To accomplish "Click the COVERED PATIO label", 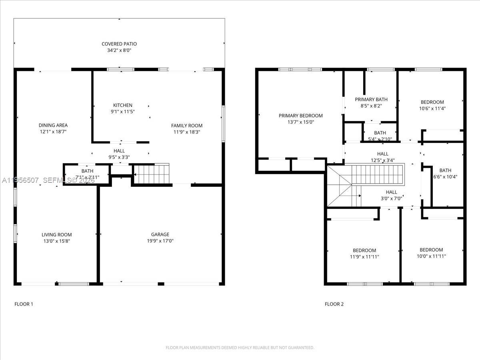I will [119, 44].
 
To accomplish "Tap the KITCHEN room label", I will [122, 105].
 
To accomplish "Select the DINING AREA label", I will [53, 125].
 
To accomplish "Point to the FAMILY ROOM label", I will [187, 126].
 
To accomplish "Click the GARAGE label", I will [160, 234].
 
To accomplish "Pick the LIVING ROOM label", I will [57, 235].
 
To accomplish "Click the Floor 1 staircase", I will [151, 175].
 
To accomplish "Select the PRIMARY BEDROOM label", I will [300, 116].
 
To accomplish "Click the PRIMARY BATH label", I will [371, 100].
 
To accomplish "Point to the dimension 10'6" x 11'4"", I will [432, 108].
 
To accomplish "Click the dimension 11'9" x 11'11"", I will [364, 257].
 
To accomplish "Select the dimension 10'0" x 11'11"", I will [431, 256].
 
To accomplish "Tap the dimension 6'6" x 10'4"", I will [445, 177].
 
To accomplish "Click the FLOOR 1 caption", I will [24, 304].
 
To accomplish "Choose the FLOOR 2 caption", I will [334, 304].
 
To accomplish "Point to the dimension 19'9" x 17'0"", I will [160, 241].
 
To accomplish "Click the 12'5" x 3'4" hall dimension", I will [382, 160].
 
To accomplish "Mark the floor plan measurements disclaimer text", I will [240, 348].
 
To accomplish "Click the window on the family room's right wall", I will [223, 124].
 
